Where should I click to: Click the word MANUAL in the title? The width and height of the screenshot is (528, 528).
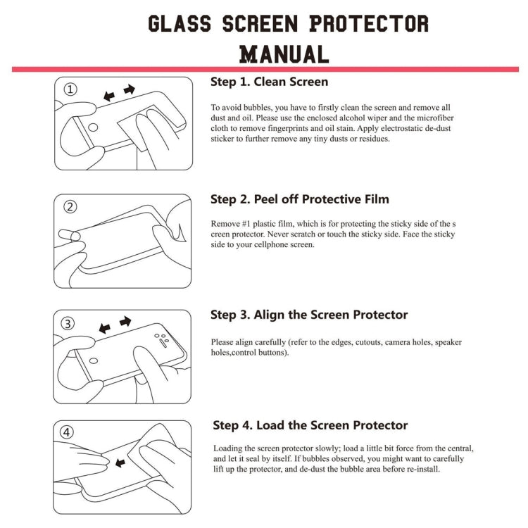pyautogui.click(x=284, y=54)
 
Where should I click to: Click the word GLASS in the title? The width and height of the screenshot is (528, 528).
pyautogui.click(x=180, y=23)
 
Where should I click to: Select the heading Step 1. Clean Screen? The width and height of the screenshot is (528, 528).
pyautogui.click(x=269, y=82)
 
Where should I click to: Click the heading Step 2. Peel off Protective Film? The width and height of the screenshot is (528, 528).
pyautogui.click(x=300, y=199)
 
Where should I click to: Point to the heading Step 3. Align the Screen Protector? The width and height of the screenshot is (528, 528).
pyautogui.click(x=309, y=315)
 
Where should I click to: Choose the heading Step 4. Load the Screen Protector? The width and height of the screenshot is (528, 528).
pyautogui.click(x=310, y=425)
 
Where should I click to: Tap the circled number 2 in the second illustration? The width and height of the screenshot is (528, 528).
pyautogui.click(x=70, y=207)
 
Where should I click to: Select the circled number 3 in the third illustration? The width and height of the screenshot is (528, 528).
pyautogui.click(x=69, y=324)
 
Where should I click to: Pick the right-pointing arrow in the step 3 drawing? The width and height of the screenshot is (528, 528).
pyautogui.click(x=125, y=321)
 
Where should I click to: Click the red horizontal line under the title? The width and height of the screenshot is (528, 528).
pyautogui.click(x=264, y=69)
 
